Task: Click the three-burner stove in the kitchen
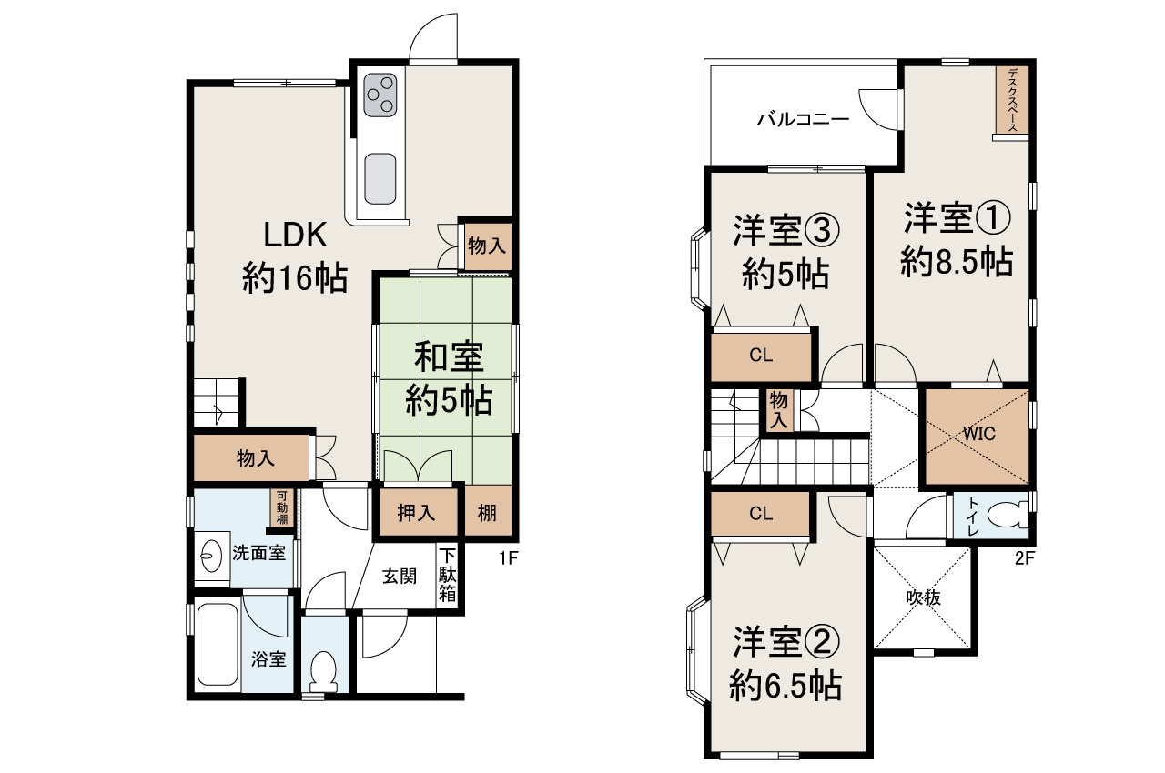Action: [380, 95]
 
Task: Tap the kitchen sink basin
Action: [380, 179]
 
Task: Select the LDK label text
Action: [295, 235]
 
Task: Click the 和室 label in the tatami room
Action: [449, 356]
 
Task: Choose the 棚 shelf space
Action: [488, 512]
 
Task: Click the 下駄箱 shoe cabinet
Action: [447, 575]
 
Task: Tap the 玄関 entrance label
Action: [400, 577]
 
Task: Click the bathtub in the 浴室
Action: [218, 645]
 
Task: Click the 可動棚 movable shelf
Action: [282, 507]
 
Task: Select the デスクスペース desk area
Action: [1012, 100]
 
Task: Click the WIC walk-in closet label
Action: [978, 434]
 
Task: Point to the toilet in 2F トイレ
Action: [1008, 516]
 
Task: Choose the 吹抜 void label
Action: [923, 597]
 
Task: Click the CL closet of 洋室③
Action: [761, 356]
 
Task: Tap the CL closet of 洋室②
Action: [761, 514]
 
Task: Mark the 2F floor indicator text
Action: [1025, 558]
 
